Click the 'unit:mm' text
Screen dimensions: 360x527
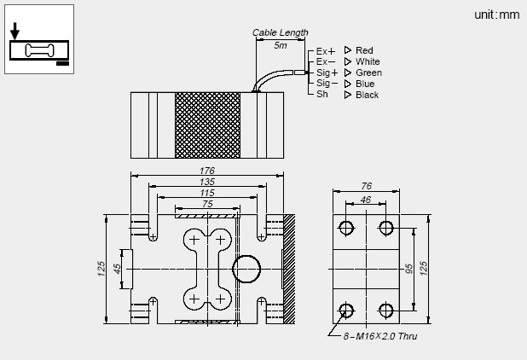click(496, 15)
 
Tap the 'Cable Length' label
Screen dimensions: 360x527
click(280, 32)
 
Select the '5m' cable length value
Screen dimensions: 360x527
click(281, 44)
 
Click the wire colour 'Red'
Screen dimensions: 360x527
click(364, 50)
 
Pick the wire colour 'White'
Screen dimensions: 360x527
click(368, 61)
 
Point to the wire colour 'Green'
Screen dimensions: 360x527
click(368, 73)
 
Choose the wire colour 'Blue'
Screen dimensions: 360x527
click(365, 84)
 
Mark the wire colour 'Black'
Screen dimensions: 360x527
click(367, 95)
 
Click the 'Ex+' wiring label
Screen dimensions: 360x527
click(326, 51)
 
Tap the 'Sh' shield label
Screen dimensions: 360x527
click(321, 95)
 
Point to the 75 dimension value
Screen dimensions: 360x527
click(207, 204)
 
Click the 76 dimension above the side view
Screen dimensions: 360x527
click(365, 186)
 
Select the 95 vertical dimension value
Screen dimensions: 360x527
click(408, 268)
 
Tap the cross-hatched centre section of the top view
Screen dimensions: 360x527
click(207, 123)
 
